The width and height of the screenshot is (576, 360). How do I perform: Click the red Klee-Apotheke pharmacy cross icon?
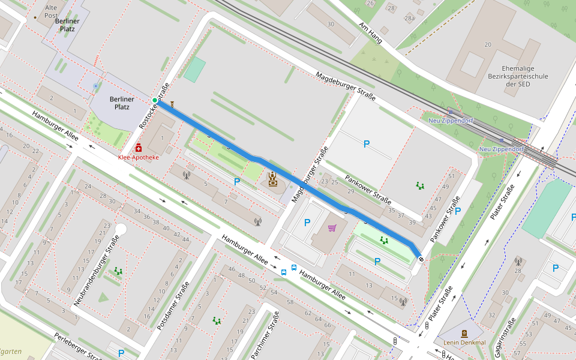139,148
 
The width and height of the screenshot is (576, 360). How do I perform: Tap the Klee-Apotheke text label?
139,157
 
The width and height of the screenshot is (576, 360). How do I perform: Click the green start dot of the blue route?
155,100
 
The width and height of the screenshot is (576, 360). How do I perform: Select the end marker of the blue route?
421,259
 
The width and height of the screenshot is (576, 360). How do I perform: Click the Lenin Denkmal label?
464,343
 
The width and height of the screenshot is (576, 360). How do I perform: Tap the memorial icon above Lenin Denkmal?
464,333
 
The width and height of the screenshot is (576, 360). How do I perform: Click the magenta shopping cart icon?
332,227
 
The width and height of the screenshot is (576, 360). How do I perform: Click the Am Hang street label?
370,34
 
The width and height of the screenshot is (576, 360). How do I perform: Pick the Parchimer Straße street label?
265,335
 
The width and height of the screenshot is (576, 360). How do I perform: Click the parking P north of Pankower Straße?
367,143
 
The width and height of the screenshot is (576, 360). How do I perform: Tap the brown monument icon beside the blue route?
274,179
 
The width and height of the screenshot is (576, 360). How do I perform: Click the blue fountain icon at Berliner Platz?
95,86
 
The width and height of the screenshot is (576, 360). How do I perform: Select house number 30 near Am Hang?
331,25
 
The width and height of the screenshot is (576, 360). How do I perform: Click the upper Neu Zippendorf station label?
451,121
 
